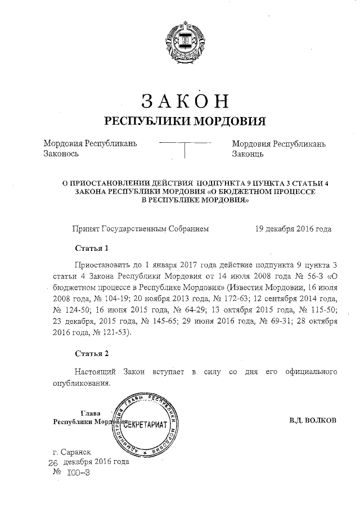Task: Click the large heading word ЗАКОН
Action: pyautogui.click(x=185, y=100)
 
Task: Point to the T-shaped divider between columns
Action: pyautogui.click(x=185, y=148)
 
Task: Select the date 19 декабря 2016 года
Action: pyautogui.click(x=293, y=229)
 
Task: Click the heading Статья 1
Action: pyautogui.click(x=91, y=248)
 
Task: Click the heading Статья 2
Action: pyautogui.click(x=91, y=353)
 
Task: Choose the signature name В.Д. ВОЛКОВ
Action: pyautogui.click(x=313, y=421)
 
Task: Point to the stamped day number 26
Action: pyautogui.click(x=53, y=462)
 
